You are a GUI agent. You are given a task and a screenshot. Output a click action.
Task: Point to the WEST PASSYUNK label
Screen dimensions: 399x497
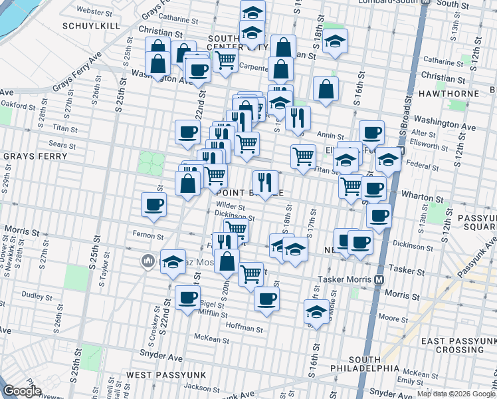coord(158,375)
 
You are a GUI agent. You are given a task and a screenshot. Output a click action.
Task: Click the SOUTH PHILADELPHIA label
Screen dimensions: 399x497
coord(365,364)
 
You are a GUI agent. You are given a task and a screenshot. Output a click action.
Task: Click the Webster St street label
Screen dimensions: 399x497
coord(93,11)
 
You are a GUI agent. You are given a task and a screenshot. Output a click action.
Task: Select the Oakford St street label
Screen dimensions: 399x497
coord(17,105)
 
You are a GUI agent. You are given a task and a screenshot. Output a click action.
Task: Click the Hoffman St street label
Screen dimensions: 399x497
coord(245,328)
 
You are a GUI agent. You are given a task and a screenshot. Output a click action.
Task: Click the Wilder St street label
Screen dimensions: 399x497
coord(229,207)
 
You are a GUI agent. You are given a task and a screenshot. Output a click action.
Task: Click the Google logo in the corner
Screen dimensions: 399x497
coord(22,391)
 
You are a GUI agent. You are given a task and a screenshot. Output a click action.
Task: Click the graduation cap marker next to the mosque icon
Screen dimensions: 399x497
coord(173,262)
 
